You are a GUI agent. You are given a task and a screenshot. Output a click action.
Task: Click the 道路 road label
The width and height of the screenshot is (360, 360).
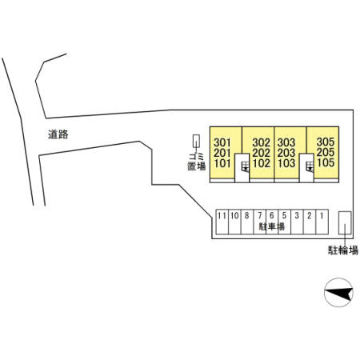click(58, 134)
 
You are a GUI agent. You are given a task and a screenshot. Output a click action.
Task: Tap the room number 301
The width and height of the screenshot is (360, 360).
click(222, 142)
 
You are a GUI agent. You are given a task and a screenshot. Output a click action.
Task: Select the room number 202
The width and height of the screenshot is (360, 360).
click(262, 153)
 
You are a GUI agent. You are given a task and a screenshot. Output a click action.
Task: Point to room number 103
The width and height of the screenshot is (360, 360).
click(286, 163)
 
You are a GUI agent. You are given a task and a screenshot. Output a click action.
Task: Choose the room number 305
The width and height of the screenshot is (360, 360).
click(326, 142)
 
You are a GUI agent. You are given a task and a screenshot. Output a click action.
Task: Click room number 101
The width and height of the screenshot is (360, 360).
click(222, 163)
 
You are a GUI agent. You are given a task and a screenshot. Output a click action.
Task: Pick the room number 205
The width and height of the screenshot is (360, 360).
click(326, 152)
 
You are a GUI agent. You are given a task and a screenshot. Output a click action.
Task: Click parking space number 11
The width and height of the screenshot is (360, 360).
click(222, 215)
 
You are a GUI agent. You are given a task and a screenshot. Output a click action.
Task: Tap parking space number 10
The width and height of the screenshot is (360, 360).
click(234, 215)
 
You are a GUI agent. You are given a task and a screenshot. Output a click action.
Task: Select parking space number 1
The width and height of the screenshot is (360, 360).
click(322, 215)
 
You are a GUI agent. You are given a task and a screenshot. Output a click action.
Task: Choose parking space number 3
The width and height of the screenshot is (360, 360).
click(297, 215)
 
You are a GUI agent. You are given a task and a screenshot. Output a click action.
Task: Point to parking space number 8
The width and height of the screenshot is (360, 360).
click(247, 215)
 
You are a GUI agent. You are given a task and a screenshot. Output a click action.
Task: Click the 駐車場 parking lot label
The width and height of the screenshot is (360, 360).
click(272, 226)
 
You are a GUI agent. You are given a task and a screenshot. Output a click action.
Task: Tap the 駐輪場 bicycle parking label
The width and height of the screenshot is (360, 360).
click(343, 250)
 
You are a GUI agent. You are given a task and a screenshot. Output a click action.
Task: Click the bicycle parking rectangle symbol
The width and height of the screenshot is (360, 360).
click(345, 223)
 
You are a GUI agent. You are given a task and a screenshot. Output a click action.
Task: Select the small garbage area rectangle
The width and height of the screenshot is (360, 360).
click(196, 141)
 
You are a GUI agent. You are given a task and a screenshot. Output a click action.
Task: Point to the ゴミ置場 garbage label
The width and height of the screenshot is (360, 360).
click(197, 162)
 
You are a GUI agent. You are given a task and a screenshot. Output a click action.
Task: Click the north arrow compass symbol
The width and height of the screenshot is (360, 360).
click(338, 293)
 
